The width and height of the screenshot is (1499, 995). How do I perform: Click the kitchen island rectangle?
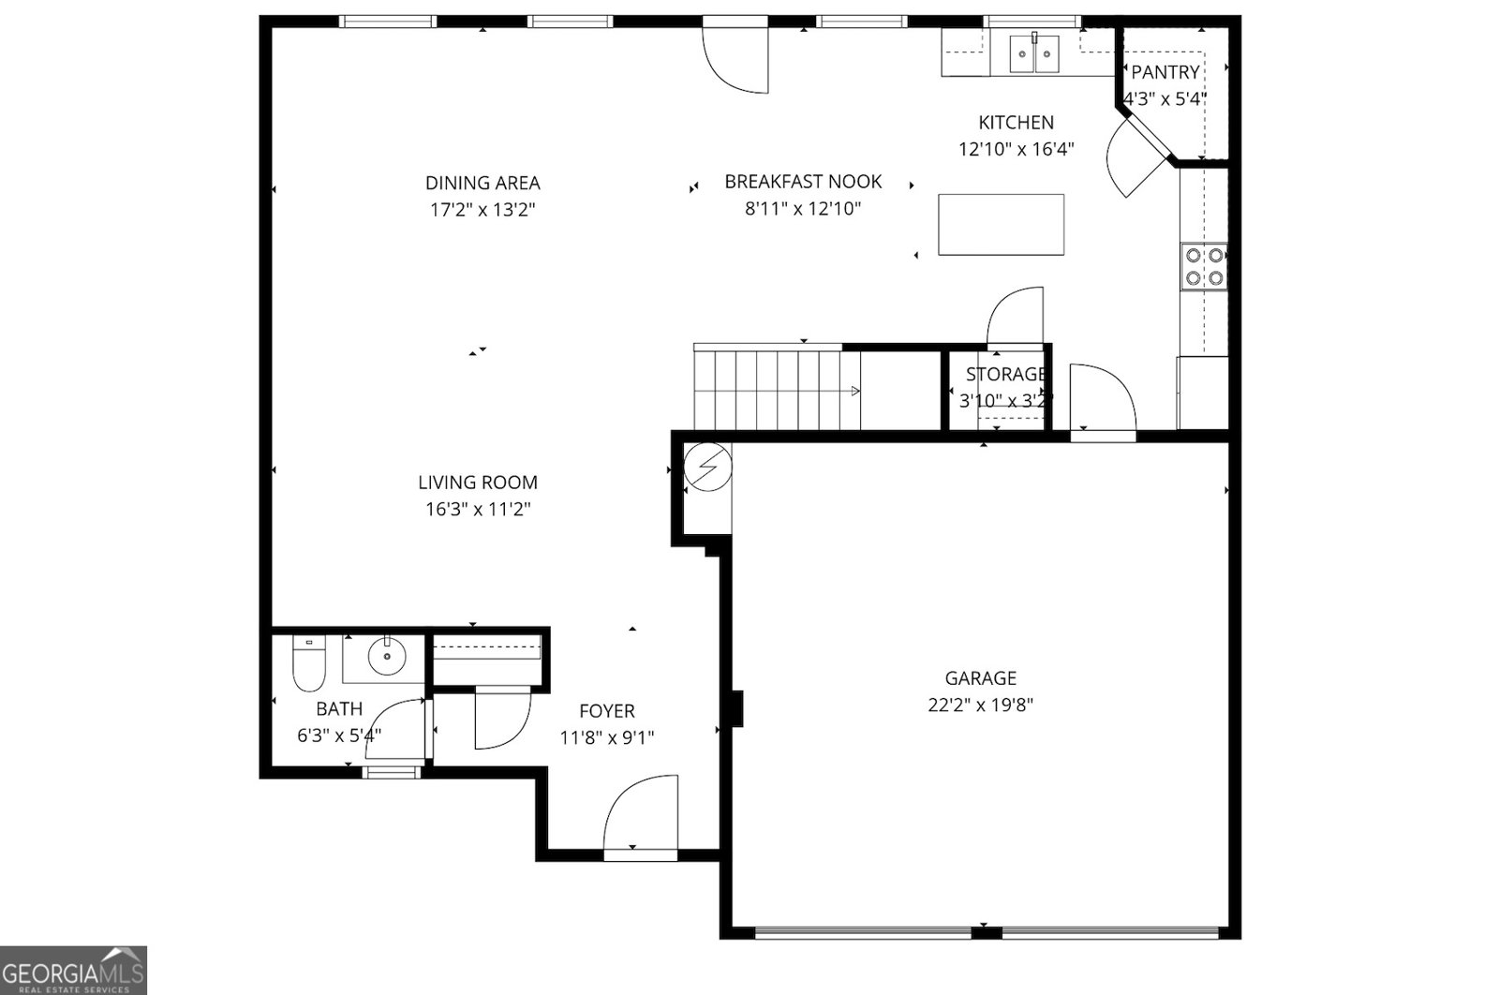click(x=1001, y=224)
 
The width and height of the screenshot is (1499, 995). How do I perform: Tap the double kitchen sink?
click(x=1034, y=54)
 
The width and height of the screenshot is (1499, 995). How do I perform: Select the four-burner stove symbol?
click(x=1204, y=266)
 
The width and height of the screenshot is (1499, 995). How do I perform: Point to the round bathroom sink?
click(x=385, y=656)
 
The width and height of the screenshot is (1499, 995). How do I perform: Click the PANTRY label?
click(x=1165, y=72)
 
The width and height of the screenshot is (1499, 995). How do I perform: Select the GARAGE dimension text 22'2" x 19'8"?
click(x=980, y=705)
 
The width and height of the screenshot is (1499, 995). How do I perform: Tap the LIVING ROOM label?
click(x=478, y=483)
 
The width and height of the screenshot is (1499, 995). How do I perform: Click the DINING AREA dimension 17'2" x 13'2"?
click(x=482, y=210)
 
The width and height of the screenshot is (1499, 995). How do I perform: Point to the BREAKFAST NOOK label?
click(x=803, y=182)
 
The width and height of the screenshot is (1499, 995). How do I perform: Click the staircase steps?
click(x=776, y=389)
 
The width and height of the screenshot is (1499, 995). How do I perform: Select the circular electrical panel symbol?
click(x=707, y=467)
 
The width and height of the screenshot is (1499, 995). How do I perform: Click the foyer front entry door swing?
click(x=642, y=815)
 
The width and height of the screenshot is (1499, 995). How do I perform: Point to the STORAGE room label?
click(x=1005, y=375)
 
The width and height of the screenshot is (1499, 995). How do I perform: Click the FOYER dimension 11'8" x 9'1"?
click(x=607, y=737)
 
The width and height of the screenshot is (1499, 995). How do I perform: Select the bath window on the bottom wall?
click(x=393, y=772)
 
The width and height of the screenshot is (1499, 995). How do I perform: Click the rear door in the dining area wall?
click(x=736, y=58)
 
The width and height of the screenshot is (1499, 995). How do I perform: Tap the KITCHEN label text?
click(x=1016, y=123)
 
